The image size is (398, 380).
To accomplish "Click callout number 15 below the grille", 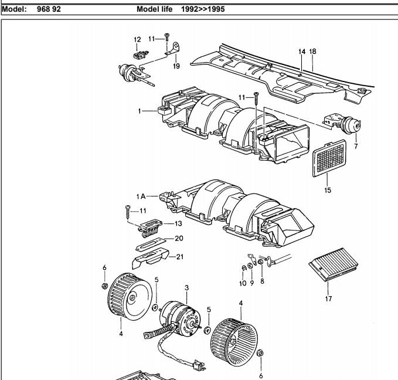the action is pyautogui.click(x=328, y=190).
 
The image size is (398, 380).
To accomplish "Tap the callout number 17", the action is pyautogui.click(x=328, y=298).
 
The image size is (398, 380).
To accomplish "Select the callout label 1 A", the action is pyautogui.click(x=141, y=196).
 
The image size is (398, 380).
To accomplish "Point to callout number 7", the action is pyautogui.click(x=356, y=146).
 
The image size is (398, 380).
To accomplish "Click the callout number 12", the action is pyautogui.click(x=137, y=40).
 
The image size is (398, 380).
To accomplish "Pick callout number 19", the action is pyautogui.click(x=176, y=66).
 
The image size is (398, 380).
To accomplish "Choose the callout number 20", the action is pyautogui.click(x=179, y=238).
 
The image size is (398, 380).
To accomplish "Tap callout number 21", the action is pyautogui.click(x=180, y=257).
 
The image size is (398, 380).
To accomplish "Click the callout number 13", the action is pyautogui.click(x=178, y=223).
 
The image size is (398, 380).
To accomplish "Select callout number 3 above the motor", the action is pyautogui.click(x=187, y=288).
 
